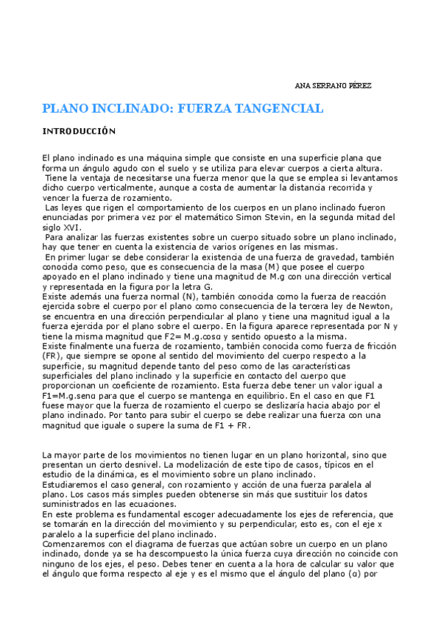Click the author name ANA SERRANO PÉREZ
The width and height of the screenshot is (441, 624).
(x=338, y=86)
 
